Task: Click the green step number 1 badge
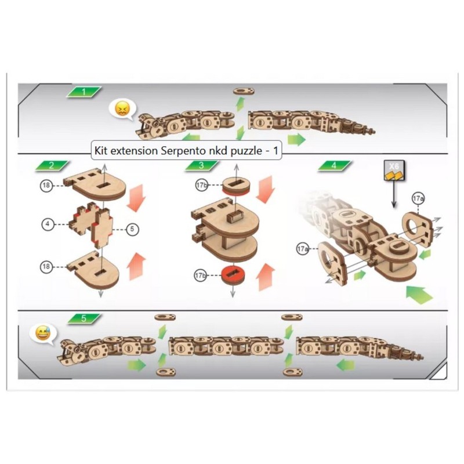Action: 84,92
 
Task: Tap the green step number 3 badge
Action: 201,165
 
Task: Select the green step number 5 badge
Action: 84,318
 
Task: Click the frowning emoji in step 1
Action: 122,109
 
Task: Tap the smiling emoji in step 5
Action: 43,333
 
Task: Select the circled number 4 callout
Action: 48,224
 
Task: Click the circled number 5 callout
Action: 132,229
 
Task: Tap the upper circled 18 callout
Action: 46,186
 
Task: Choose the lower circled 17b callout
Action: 200,275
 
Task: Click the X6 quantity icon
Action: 394,171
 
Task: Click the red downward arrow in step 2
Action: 135,198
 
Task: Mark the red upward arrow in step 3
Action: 266,277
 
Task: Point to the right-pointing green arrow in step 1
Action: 296,139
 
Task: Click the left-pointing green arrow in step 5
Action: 345,365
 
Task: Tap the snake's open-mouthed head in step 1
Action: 148,126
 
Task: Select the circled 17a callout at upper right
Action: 418,198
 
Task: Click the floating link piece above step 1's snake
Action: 244,90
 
